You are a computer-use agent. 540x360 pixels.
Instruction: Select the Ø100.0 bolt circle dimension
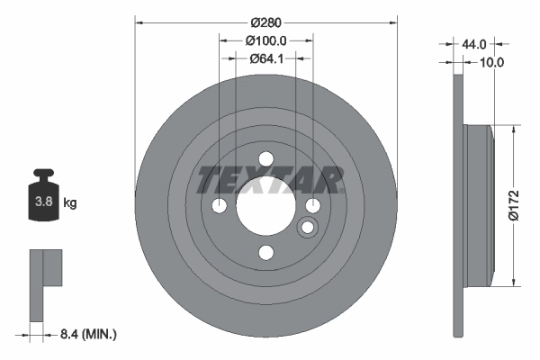point(265,40)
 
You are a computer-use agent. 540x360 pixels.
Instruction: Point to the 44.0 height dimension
point(474,44)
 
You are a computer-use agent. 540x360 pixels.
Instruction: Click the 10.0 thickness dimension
point(492,62)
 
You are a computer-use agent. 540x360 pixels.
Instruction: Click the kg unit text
point(70,203)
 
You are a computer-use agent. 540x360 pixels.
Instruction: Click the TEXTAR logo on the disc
point(269,180)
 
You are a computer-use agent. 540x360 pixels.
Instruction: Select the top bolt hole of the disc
point(266,160)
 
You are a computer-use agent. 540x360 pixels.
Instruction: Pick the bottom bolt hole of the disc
point(266,253)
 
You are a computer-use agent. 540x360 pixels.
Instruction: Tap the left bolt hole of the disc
point(220,207)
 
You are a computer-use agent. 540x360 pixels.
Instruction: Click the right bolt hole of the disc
point(312,207)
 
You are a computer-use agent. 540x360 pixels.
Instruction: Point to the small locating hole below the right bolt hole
point(307,226)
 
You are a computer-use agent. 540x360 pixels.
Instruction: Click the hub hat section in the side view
point(478,203)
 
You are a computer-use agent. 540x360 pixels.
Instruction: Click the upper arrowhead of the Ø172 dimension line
point(514,130)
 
